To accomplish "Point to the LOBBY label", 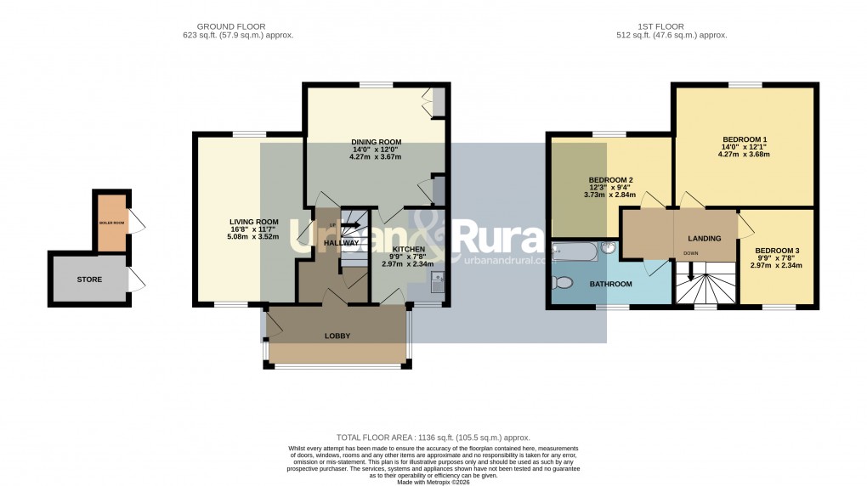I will click(337, 336).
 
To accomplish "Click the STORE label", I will click(88, 279).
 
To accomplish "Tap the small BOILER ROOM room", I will click(110, 223).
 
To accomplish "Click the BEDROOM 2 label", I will click(610, 180).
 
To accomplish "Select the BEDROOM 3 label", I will click(776, 251).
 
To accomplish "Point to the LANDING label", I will click(705, 239).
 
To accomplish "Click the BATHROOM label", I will click(610, 285).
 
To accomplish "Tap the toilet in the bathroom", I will click(564, 283).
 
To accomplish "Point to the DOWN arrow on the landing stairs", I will click(691, 272).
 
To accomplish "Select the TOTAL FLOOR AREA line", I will click(433, 438).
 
